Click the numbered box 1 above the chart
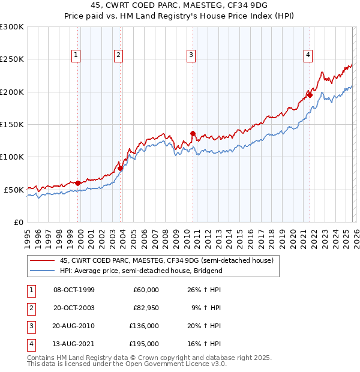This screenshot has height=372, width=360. pyautogui.click(x=77, y=55)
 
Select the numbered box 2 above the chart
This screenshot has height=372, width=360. pyautogui.click(x=119, y=55)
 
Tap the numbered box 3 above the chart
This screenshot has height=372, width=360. pyautogui.click(x=191, y=55)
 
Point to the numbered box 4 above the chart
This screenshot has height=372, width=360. pyautogui.click(x=308, y=55)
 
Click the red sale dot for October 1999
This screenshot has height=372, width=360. pyautogui.click(x=78, y=183)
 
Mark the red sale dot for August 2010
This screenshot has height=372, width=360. pyautogui.click(x=193, y=133)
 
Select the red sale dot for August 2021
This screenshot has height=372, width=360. pyautogui.click(x=310, y=95)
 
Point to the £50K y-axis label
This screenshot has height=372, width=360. pyautogui.click(x=14, y=190)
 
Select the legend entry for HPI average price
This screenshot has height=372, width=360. pyautogui.click(x=141, y=271)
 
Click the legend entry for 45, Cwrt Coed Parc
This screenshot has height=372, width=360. pyautogui.click(x=166, y=260)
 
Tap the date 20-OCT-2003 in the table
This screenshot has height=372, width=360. pyautogui.click(x=74, y=308)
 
